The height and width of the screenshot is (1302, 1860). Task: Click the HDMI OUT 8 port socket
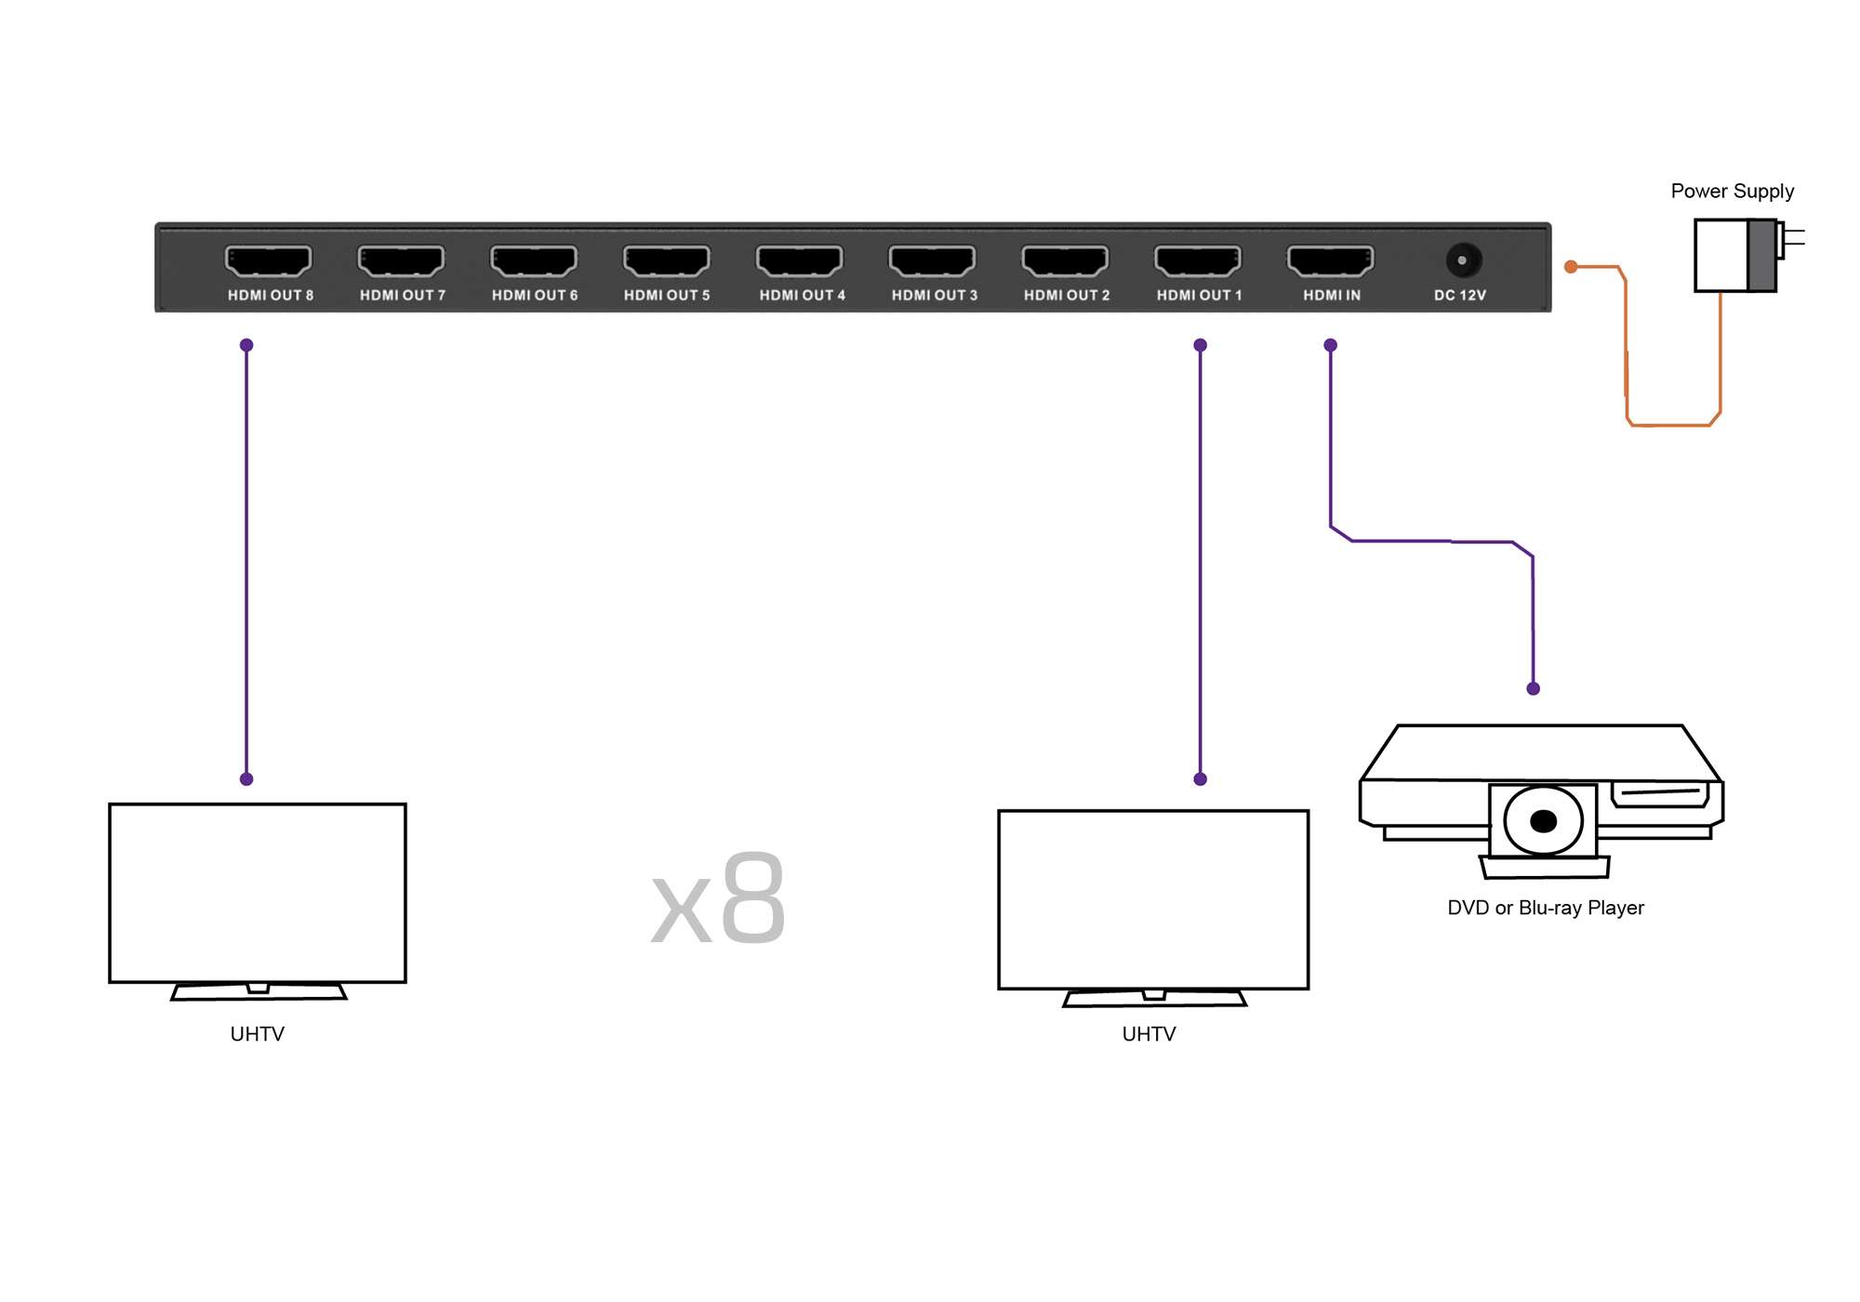268,261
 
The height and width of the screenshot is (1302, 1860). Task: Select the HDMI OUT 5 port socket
667,261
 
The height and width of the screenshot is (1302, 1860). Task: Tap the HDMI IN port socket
1331,261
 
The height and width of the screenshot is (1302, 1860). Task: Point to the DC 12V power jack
1462,260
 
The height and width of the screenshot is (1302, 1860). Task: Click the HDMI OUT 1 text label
1199,295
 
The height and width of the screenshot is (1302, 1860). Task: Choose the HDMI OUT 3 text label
935,295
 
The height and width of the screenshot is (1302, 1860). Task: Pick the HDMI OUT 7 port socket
401,261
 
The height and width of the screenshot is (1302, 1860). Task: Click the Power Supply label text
1732,192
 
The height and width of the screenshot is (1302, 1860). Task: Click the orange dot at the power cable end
1571,267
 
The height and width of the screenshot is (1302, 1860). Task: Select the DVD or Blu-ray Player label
1546,908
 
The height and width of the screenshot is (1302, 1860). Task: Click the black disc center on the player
1543,821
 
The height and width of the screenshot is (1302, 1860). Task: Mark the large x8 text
718,898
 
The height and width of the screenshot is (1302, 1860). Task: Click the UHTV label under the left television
257,1034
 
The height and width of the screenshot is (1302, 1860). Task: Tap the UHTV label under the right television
1149,1034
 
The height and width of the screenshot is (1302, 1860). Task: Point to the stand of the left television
259,991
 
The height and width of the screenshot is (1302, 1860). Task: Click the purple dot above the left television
246,779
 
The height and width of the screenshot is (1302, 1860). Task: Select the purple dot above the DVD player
1534,689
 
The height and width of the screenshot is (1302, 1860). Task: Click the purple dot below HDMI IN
1331,345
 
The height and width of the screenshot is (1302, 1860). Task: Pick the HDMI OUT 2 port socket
1065,261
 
